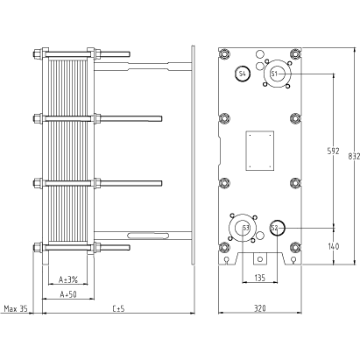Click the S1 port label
pos(274,74)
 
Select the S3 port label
pos(246,228)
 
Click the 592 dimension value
pos(333,151)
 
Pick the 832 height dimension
pos(354,156)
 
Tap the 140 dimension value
pos(333,246)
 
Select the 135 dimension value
pos(259,278)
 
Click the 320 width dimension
pos(259,308)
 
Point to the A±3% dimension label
pos(68,279)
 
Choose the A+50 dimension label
pos(68,294)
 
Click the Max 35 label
pos(16,308)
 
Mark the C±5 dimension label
pos(118,308)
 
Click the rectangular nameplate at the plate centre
pos(260,151)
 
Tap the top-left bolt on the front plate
pos(224,54)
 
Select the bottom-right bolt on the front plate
pos(295,248)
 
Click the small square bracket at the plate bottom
pos(260,258)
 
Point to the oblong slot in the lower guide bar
pos(148,236)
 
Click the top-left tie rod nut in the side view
pos(38,54)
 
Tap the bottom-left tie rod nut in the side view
pos(38,248)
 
